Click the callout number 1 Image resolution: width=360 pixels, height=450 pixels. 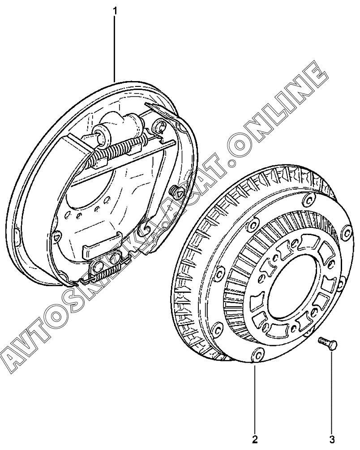[115, 11]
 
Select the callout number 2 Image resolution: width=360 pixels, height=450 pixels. [255, 439]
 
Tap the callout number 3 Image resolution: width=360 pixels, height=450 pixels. [332, 439]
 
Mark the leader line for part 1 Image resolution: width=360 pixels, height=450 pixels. [115, 49]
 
